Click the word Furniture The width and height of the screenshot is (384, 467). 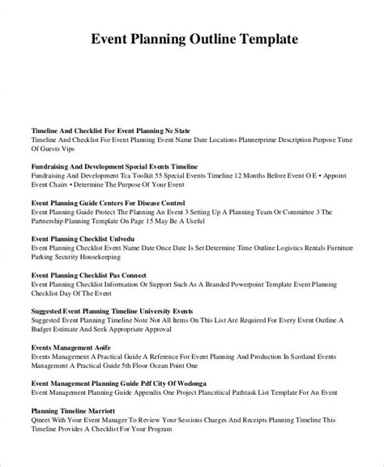pyautogui.click(x=333, y=251)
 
